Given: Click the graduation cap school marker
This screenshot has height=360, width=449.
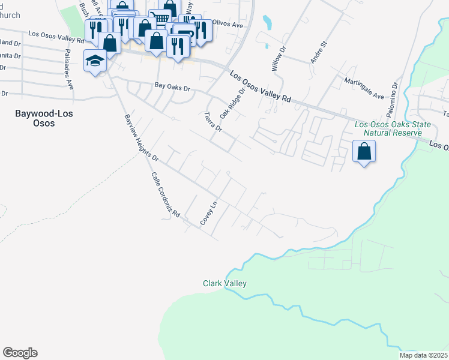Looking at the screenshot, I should pyautogui.click(x=95, y=61).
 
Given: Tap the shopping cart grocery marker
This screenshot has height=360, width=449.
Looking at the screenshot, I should pyautogui.click(x=159, y=18).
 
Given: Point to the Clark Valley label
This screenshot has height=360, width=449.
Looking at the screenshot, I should pyautogui.click(x=224, y=283).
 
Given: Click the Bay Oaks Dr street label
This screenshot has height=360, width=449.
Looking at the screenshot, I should pyautogui.click(x=172, y=88).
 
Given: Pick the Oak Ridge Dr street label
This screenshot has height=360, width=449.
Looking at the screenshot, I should pyautogui.click(x=233, y=103).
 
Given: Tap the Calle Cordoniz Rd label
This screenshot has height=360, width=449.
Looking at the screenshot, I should pyautogui.click(x=166, y=194).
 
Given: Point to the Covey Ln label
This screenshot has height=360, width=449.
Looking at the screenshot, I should pyautogui.click(x=208, y=214).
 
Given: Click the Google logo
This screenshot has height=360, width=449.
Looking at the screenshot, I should pyautogui.click(x=20, y=353).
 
